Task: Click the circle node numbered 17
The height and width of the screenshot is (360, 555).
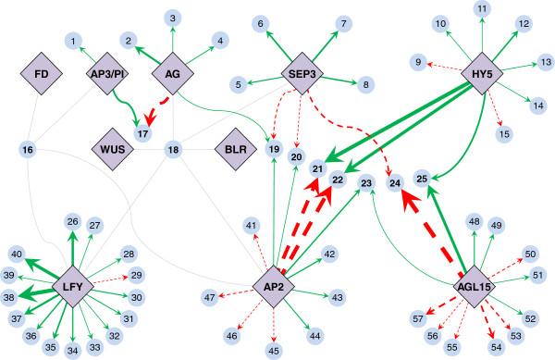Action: pyautogui.click(x=142, y=135)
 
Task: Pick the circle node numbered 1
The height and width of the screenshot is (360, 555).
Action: pyautogui.click(x=73, y=41)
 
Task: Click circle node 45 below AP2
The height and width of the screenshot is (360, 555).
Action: pyautogui.click(x=273, y=350)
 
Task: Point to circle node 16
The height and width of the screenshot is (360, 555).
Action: pyautogui.click(x=28, y=149)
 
